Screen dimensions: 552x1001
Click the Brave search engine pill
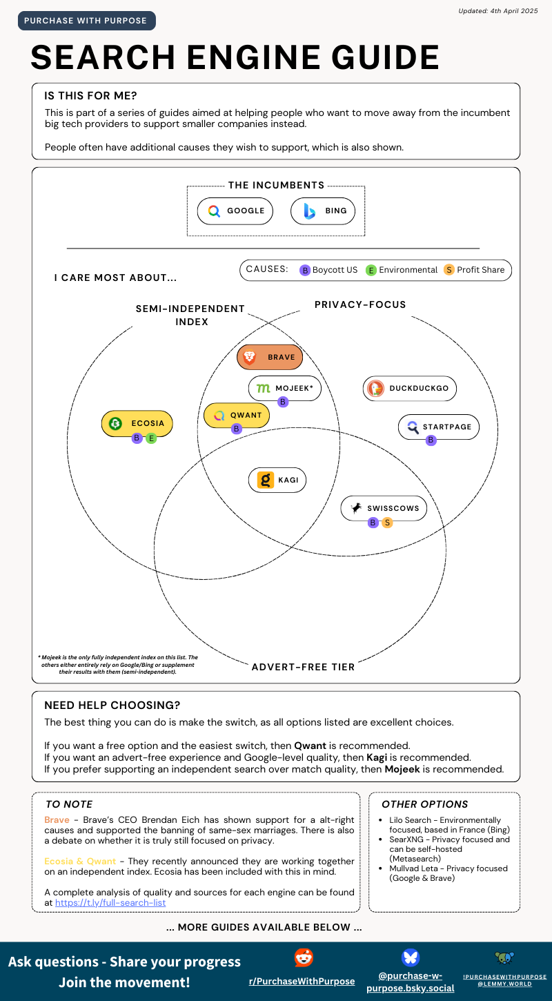(x=269, y=357)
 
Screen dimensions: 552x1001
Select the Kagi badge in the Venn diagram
(x=277, y=480)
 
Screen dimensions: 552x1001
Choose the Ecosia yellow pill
(x=137, y=423)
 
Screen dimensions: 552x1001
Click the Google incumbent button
(x=235, y=211)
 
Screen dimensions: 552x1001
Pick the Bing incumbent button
(x=323, y=211)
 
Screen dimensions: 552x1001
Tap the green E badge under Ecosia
(x=151, y=438)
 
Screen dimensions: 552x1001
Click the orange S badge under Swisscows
(x=387, y=523)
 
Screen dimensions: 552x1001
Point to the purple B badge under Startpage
(x=431, y=440)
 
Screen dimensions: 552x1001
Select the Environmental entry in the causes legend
(x=402, y=270)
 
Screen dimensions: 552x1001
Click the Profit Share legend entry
(x=474, y=270)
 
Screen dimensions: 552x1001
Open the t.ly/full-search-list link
(x=110, y=902)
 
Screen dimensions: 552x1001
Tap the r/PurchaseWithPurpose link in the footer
(x=302, y=981)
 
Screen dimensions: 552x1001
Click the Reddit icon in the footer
(x=304, y=958)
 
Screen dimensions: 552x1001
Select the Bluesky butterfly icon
(x=411, y=958)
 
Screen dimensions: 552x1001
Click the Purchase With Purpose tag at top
(x=87, y=21)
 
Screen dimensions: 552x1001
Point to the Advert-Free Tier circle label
(x=303, y=667)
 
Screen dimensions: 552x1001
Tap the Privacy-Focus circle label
(x=360, y=304)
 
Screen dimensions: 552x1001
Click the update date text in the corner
(x=498, y=11)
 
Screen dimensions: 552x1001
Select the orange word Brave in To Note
(x=57, y=819)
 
